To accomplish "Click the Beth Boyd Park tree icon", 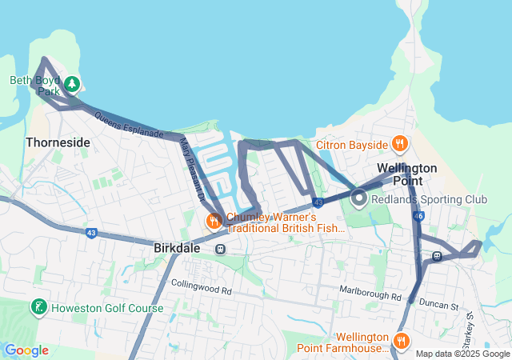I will click(72, 83).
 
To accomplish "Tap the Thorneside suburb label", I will click(58, 142).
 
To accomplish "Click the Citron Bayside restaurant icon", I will click(401, 144).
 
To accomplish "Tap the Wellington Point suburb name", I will click(407, 174).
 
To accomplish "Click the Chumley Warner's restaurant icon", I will click(214, 221).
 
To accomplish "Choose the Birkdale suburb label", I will click(177, 248).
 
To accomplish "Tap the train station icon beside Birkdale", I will click(220, 249).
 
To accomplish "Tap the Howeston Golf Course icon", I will click(38, 308).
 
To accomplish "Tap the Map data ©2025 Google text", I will click(462, 354).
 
